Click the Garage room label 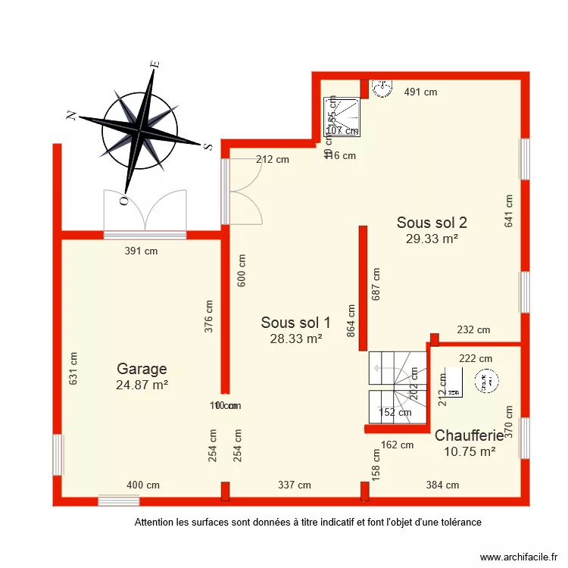(x=142, y=369)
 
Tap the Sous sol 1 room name (x=295, y=322)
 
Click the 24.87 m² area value (x=142, y=385)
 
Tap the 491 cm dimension (x=420, y=92)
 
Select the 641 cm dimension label (x=509, y=211)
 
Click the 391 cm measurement (x=141, y=251)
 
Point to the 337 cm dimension (x=294, y=485)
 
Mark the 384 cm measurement (x=442, y=485)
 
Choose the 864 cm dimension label (x=351, y=326)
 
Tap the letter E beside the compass (x=154, y=65)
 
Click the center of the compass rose (x=140, y=130)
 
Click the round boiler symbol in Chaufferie (x=485, y=384)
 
